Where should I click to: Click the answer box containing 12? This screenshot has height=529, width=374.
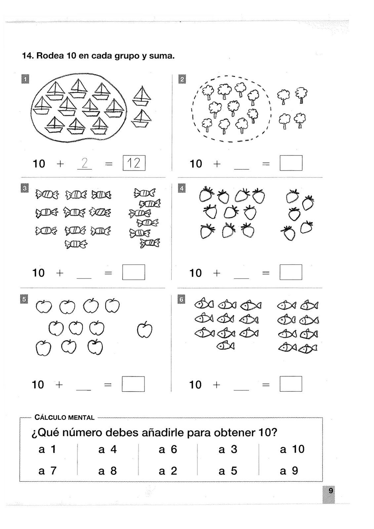[x=134, y=163]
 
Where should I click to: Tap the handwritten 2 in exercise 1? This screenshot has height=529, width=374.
[x=84, y=163]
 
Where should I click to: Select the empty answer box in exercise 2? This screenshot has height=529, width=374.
[x=291, y=163]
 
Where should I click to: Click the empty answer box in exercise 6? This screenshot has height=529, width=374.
[x=291, y=384]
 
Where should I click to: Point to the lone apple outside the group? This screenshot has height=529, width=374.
[x=145, y=330]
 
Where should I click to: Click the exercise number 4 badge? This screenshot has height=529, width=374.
[x=182, y=189]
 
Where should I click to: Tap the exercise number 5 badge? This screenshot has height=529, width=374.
[x=24, y=299]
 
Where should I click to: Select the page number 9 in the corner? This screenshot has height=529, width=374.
[x=330, y=491]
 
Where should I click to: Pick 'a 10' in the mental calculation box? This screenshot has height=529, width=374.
[x=292, y=449]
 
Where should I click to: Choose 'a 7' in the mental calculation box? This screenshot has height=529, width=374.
[x=48, y=470]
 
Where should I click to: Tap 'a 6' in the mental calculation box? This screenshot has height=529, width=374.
[x=168, y=449]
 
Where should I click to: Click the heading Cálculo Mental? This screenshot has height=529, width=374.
[x=64, y=418]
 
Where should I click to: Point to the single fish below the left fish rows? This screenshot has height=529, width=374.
[x=226, y=346]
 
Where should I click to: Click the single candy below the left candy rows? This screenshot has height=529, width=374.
[x=76, y=244]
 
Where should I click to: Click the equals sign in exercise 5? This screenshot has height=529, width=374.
[x=108, y=385]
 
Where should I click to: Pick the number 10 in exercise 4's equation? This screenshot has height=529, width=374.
[x=195, y=273]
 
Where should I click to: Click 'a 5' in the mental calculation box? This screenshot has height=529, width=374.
[x=228, y=470]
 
